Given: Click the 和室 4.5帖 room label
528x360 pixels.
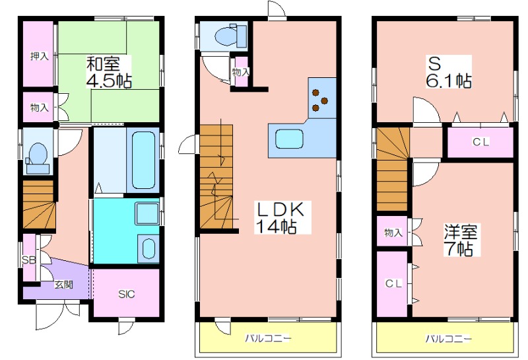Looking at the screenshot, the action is click(108, 72).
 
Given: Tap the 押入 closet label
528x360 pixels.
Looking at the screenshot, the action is click(40, 56).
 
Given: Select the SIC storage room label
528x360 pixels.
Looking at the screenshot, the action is click(126, 294).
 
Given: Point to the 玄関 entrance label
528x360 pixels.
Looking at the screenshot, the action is click(63, 285).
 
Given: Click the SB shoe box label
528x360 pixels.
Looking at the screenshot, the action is click(28, 260).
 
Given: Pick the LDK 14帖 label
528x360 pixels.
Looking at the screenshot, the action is click(280, 217).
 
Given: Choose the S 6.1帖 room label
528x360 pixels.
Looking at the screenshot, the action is click(449, 72).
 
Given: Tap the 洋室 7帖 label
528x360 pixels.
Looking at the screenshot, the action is click(460, 240).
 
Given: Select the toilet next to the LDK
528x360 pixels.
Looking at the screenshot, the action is click(230, 35).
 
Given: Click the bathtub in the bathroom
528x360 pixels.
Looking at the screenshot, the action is click(143, 160).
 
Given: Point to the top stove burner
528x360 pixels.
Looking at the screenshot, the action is click(316, 92).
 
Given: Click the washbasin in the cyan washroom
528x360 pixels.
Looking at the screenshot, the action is click(148, 248).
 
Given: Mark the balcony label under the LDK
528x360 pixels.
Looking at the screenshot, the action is click(268, 338).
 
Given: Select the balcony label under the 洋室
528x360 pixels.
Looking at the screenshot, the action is click(449, 338).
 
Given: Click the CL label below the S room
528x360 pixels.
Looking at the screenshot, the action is click(480, 142).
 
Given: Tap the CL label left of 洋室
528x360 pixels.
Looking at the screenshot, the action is click(393, 283).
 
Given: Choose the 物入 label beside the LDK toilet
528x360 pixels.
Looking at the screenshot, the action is click(241, 72).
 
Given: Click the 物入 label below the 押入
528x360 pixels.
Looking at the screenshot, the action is click(40, 107).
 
